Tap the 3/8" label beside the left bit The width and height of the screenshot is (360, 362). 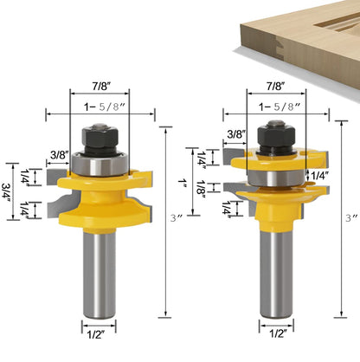[x=60, y=155]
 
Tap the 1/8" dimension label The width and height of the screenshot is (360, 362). [x=201, y=188]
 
